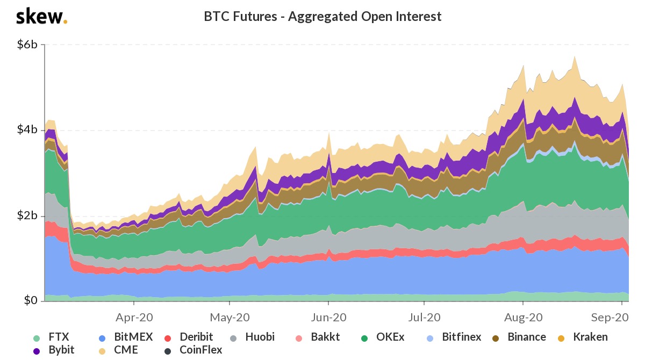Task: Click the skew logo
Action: [41, 17]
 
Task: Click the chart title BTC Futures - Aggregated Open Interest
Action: [322, 17]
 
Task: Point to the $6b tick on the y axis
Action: [26, 45]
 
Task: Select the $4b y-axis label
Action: [26, 130]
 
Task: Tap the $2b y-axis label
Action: [26, 215]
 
